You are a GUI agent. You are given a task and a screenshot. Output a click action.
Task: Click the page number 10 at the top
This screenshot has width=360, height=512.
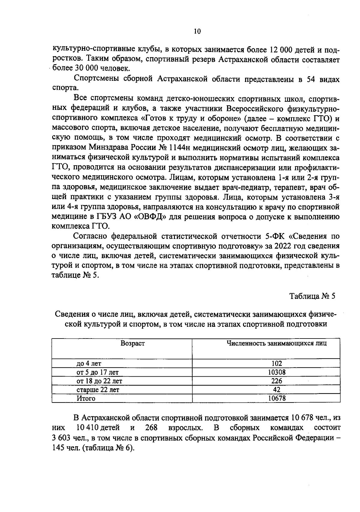coord(197,31)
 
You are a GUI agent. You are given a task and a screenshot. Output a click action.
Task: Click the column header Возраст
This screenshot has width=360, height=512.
coord(132,343)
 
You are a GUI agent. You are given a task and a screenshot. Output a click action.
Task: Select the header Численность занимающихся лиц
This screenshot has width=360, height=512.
coord(276,343)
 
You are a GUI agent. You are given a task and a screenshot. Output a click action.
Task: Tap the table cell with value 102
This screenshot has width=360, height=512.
coord(277,363)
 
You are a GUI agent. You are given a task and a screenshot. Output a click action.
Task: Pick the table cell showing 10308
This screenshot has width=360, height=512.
coord(277,372)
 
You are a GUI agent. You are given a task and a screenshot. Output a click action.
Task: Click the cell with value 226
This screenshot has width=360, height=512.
coord(277,381)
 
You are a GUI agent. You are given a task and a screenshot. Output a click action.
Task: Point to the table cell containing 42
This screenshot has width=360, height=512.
coord(277,390)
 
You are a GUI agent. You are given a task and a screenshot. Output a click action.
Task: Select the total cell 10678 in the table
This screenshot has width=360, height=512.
coord(277,398)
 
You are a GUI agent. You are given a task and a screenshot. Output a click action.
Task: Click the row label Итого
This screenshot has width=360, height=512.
coord(86,398)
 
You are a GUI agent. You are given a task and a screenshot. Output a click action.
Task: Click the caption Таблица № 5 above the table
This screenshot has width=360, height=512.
coord(312,296)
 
